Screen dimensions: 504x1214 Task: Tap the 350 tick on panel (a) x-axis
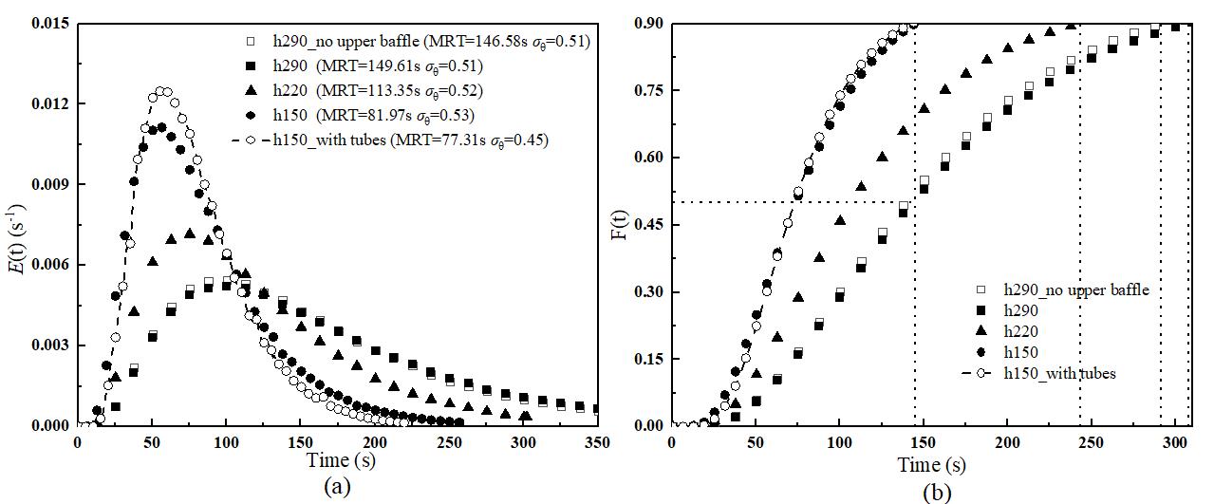[x=596, y=442]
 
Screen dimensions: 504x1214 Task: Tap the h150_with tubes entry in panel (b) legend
[x=1059, y=373]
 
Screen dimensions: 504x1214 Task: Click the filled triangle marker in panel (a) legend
[x=249, y=90]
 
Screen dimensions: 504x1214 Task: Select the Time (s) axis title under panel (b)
[x=933, y=465]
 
